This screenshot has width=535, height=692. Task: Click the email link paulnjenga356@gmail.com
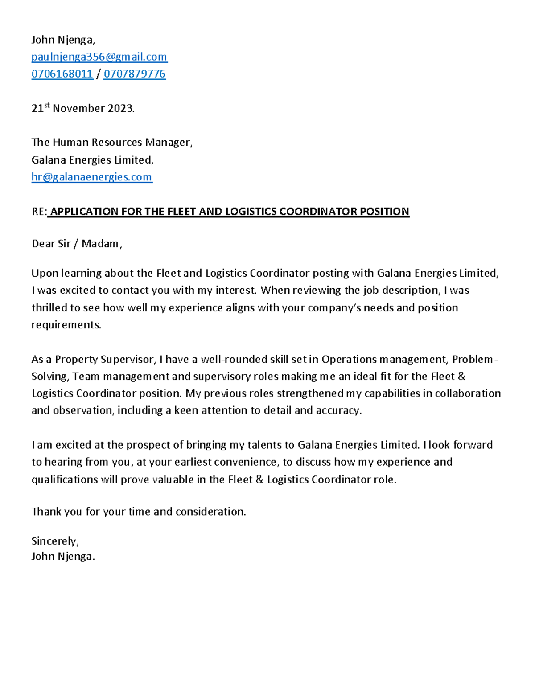pyautogui.click(x=99, y=57)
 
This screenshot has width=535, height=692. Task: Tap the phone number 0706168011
pyautogui.click(x=62, y=74)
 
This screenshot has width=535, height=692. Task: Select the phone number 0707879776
pyautogui.click(x=135, y=74)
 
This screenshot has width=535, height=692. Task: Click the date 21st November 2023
pyautogui.click(x=82, y=108)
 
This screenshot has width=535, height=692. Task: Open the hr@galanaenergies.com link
pyautogui.click(x=92, y=177)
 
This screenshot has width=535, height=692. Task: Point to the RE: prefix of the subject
pyautogui.click(x=39, y=211)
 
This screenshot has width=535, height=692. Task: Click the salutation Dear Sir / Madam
pyautogui.click(x=76, y=244)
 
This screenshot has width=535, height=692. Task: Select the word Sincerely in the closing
pyautogui.click(x=54, y=541)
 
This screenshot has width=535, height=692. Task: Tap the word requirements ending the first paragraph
pyautogui.click(x=66, y=325)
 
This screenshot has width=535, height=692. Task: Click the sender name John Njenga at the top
pyautogui.click(x=62, y=40)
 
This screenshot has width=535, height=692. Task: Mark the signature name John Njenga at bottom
pyautogui.click(x=62, y=556)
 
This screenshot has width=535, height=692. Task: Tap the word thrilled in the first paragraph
pyautogui.click(x=49, y=308)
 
